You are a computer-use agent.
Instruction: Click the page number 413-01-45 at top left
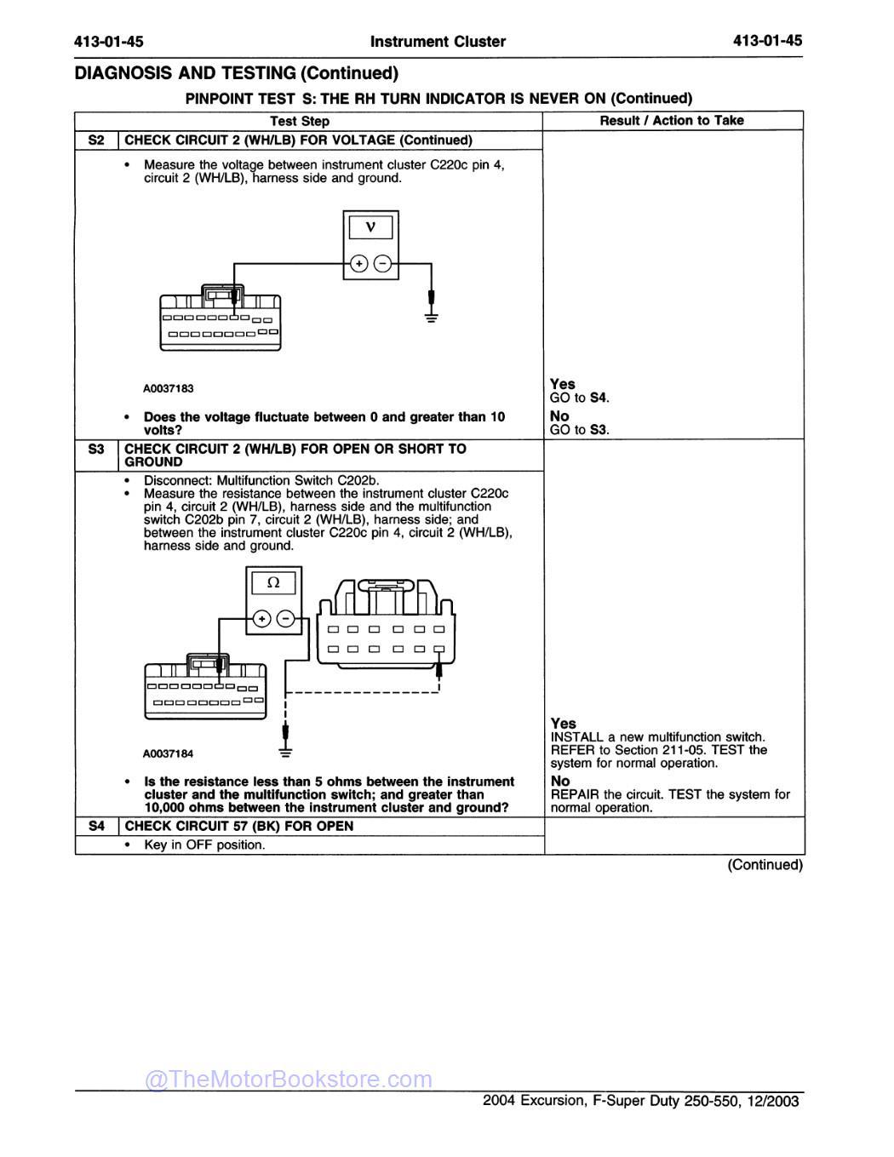coord(108,42)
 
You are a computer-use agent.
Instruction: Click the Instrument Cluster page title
coord(438,42)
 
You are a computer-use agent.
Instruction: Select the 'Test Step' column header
coord(300,121)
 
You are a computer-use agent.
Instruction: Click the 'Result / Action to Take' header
coord(671,120)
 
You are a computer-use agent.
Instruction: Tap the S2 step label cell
coord(96,140)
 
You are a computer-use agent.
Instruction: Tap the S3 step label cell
coord(96,449)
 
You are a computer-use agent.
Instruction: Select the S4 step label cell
coord(96,826)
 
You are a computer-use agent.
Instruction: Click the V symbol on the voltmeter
coord(370,227)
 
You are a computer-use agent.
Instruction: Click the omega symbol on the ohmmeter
coord(273,583)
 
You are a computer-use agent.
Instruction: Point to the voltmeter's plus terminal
coord(359,264)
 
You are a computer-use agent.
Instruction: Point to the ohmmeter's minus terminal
coord(287,619)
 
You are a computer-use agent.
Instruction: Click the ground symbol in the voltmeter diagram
coord(432,318)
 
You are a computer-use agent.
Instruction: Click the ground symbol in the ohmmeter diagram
coord(286,752)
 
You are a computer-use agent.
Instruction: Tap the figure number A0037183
coord(168,388)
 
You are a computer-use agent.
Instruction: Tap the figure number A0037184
coord(168,753)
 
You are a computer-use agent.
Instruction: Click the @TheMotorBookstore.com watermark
coord(289,1080)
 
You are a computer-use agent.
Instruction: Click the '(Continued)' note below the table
coord(764,865)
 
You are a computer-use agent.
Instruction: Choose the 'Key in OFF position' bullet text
coord(204,845)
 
